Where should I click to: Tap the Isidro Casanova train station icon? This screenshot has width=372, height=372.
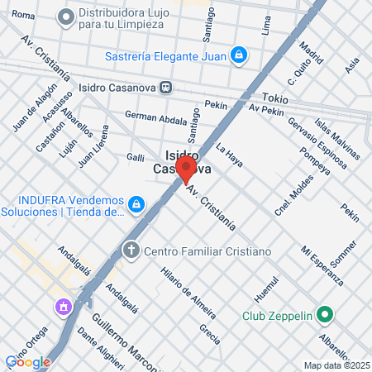[x=166, y=86]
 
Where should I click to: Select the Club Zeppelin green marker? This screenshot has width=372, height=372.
[x=326, y=315]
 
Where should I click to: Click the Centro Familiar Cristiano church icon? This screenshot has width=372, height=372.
[x=131, y=250]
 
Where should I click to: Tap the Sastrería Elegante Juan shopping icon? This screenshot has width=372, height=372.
[x=239, y=55]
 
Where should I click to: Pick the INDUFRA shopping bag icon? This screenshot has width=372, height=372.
[x=136, y=203]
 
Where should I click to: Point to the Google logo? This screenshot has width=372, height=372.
[x=27, y=361]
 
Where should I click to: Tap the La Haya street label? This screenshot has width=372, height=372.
[x=229, y=156]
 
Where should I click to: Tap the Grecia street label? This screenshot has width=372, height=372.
[x=209, y=333]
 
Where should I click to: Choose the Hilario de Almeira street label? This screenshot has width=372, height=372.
[x=188, y=293]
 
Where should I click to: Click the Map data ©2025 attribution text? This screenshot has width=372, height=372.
[x=336, y=365]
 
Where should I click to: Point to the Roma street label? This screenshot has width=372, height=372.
[x=24, y=16]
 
